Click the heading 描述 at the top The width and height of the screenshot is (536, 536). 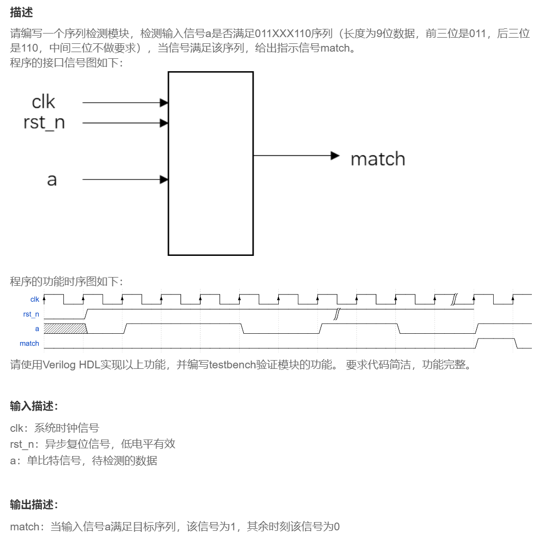[21, 12]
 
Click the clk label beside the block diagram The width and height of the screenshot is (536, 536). [43, 102]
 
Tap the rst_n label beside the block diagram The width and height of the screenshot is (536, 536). [44, 123]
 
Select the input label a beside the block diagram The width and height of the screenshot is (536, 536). [52, 180]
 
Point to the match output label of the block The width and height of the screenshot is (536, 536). [378, 159]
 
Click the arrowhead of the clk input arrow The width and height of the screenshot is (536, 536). [164, 103]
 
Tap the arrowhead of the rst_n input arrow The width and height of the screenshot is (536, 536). [164, 123]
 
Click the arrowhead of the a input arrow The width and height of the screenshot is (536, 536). [164, 180]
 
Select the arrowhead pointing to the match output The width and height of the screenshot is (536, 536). [335, 155]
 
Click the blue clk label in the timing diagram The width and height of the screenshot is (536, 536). [35, 299]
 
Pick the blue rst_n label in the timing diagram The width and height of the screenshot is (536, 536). [31, 314]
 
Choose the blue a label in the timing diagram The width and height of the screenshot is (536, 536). [37, 328]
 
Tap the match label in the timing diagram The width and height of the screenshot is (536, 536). [29, 343]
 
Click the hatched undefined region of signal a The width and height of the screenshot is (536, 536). [64, 328]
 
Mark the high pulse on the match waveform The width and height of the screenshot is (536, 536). [496, 339]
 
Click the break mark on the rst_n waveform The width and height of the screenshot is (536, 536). [336, 314]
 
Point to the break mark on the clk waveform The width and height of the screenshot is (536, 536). [455, 300]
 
